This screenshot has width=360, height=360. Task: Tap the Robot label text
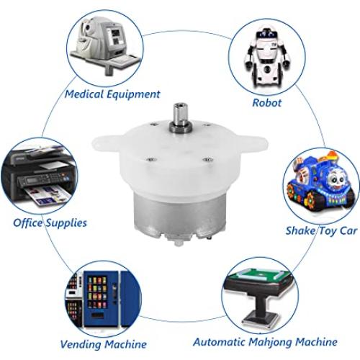(x=267, y=102)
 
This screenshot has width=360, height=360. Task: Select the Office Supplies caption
(x=50, y=222)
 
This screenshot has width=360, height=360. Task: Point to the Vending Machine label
(x=104, y=344)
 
